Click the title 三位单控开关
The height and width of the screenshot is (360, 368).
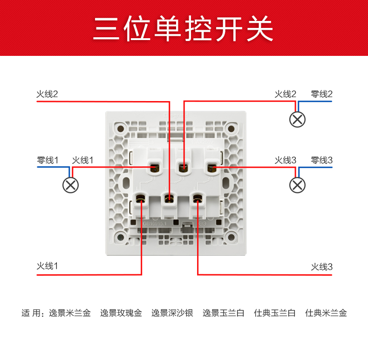[184, 28]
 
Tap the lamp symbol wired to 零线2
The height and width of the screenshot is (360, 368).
[298, 119]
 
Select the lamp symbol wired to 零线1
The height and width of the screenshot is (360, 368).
[70, 185]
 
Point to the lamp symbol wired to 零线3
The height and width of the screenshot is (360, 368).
[298, 185]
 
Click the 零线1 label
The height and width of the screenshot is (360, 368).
[48, 160]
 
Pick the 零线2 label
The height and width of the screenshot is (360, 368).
[322, 94]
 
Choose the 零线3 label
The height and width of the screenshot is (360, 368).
[322, 160]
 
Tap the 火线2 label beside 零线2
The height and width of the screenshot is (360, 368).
[286, 94]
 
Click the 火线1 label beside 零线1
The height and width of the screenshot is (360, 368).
[83, 160]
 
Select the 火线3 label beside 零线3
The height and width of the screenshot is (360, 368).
[286, 160]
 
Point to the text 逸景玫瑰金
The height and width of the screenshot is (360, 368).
[121, 313]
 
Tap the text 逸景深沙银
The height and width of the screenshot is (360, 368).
[172, 313]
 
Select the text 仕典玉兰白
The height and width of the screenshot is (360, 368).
[275, 313]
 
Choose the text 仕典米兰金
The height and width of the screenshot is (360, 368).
[326, 313]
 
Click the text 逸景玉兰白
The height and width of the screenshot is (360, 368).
[224, 313]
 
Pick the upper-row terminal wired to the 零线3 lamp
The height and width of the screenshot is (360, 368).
[212, 166]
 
